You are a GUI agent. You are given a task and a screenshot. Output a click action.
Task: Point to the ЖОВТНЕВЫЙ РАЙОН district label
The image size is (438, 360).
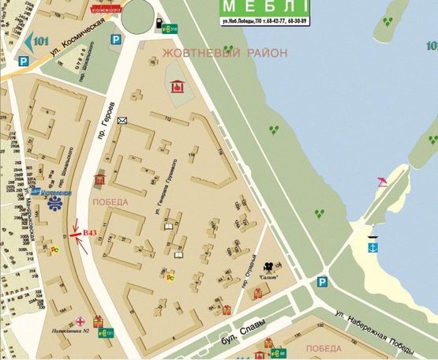coord(224,53)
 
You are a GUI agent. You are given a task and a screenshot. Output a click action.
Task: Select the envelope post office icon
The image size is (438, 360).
coord(122,121)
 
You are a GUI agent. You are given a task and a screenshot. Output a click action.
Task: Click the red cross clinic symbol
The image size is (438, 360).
coord(80,322)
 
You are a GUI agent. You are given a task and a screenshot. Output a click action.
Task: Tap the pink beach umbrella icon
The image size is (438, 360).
coord(382,182)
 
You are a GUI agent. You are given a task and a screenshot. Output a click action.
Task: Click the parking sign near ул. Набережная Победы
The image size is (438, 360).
coord(322,282)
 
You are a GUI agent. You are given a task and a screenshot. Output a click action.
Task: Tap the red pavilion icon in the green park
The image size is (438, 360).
coord(178,86)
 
